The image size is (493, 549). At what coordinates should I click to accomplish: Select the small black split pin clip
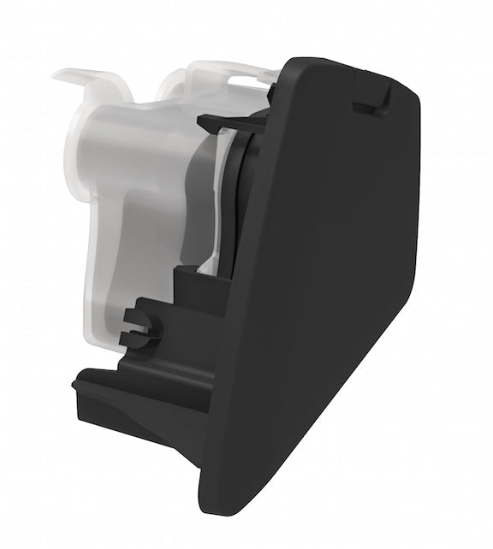click(140, 326)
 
